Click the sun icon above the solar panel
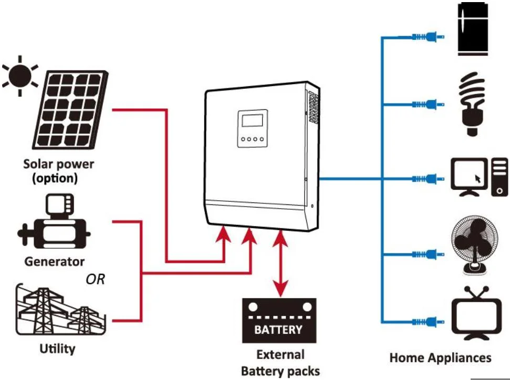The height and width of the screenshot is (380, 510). [19, 76]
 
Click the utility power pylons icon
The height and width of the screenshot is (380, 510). [58, 311]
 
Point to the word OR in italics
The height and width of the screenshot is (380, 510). [95, 279]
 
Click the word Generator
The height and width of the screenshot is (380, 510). [54, 261]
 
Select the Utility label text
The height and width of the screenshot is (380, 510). [57, 348]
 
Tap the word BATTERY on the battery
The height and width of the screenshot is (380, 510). [278, 330]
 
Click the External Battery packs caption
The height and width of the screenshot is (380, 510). [280, 363]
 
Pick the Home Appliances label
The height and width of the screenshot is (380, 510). [440, 358]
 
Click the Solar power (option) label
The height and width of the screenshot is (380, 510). [58, 171]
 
